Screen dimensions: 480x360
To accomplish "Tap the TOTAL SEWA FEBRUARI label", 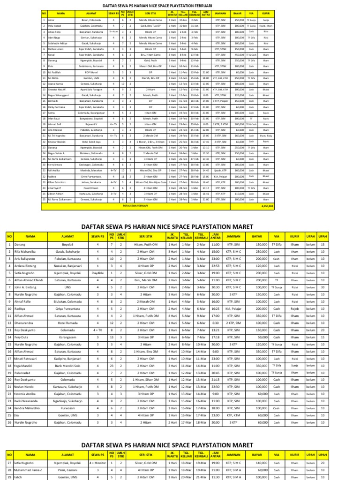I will click(135, 205).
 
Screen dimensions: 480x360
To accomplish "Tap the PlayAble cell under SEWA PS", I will click(98, 272).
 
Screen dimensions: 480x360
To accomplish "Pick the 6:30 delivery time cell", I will click(215, 322).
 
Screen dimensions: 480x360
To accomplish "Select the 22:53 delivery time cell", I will click(215, 265).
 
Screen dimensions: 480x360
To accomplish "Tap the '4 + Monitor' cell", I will click(98, 462).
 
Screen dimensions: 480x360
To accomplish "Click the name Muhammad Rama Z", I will click(28, 469).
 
